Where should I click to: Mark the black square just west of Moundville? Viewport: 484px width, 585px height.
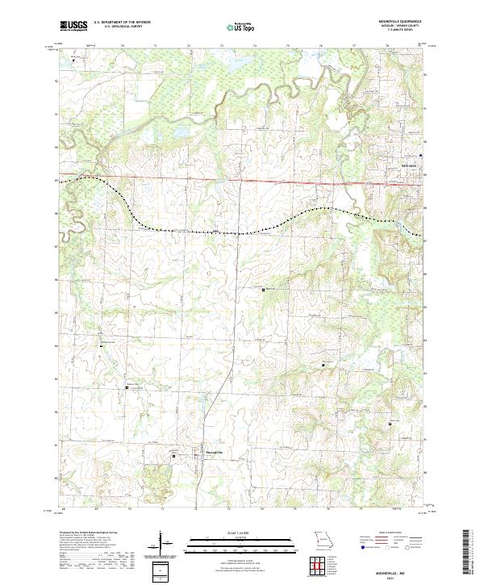[175, 456]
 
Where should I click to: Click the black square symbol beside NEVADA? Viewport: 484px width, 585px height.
[420, 155]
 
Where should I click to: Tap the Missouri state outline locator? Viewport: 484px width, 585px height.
[322, 538]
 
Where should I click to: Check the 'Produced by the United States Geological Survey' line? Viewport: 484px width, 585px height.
[90, 533]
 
